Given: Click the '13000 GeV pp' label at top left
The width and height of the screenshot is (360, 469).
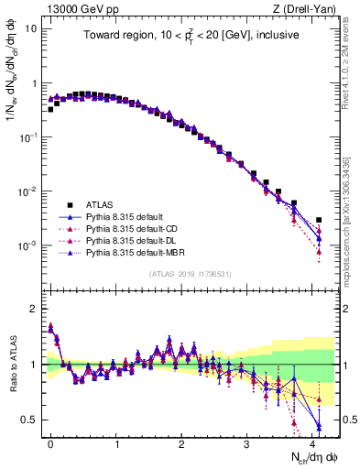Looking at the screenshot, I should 75,10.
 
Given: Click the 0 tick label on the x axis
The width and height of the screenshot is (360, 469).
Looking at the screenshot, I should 51,442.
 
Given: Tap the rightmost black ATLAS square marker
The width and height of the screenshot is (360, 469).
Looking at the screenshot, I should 319,220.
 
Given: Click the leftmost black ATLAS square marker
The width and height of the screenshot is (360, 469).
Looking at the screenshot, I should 51,109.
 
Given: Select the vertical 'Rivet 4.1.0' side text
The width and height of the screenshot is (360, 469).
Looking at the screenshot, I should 351,64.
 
